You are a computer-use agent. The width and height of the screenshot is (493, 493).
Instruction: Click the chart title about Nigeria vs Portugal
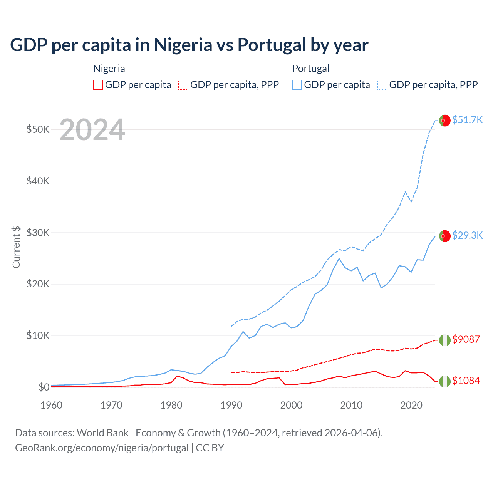(x=189, y=45)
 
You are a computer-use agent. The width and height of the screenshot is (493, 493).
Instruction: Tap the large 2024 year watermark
(x=92, y=130)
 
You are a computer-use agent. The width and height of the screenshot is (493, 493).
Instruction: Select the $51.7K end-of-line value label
(x=467, y=120)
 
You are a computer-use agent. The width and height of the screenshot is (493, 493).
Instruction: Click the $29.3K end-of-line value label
(x=467, y=235)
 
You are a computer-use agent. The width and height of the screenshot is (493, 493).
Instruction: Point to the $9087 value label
(x=466, y=339)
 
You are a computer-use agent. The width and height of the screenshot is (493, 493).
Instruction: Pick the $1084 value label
(x=466, y=381)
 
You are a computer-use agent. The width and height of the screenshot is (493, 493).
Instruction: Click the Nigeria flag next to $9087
(x=445, y=340)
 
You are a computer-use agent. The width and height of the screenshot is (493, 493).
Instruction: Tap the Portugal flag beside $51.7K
(x=445, y=121)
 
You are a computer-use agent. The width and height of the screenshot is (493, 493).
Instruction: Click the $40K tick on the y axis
(x=38, y=181)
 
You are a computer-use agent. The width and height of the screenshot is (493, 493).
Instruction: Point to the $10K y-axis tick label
(x=38, y=335)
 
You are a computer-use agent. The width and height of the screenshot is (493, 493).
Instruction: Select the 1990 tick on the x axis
(x=231, y=405)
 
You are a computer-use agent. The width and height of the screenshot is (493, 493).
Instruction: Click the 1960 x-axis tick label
(x=52, y=405)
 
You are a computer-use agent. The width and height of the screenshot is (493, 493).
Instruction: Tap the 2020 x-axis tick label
(x=411, y=405)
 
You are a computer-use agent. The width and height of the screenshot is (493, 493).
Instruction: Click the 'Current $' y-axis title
(x=16, y=247)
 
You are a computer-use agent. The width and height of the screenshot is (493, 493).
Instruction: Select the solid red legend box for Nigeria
(x=98, y=85)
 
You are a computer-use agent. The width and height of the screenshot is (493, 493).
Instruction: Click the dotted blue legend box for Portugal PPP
(x=382, y=85)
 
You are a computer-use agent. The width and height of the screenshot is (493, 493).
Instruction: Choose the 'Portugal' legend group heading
(x=310, y=69)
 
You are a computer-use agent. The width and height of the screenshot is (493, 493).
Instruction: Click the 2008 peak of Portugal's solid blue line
(x=339, y=258)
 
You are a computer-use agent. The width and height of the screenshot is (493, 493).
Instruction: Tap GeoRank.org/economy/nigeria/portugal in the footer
(x=102, y=448)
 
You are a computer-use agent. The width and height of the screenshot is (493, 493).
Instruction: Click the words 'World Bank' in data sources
(x=102, y=433)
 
